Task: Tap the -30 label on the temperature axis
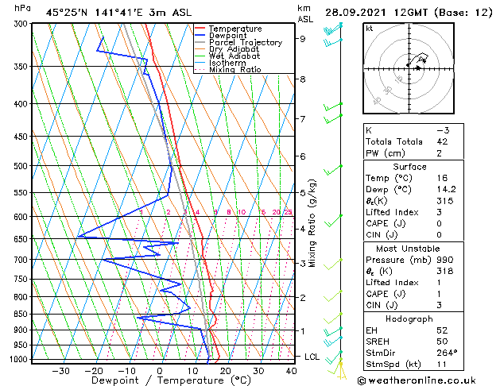[x=60, y=370]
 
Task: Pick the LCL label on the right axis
[x=312, y=357]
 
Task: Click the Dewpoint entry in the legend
[x=229, y=36]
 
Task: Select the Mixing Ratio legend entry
[x=234, y=70]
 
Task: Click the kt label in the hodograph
[x=370, y=29]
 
